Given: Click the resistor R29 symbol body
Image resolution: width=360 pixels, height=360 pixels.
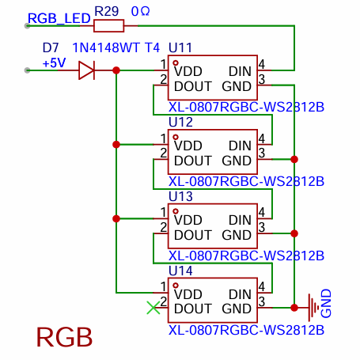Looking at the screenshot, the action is [108, 25].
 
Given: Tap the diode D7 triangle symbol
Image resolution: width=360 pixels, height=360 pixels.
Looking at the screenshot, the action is [87, 70].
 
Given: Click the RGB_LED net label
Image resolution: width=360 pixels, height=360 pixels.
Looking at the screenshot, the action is [59, 18].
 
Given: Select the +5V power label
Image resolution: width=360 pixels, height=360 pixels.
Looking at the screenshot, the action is [54, 63].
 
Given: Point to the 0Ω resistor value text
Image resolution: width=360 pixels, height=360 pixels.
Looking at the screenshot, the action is [140, 11].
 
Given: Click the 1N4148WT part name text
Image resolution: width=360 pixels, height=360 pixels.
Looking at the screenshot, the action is [106, 47].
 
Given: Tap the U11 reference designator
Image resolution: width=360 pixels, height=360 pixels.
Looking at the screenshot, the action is [180, 47].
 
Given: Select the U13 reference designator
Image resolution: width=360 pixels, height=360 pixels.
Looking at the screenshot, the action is [180, 196].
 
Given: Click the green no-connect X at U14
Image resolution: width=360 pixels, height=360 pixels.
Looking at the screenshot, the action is [153, 308].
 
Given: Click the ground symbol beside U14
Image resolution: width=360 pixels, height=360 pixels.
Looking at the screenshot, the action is [313, 308].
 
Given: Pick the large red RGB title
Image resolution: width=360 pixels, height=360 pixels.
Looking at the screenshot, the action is [65, 337].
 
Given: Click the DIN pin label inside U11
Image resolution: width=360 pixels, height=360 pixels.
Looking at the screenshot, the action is [240, 71].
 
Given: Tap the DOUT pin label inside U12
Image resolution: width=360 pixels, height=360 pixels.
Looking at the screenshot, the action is [193, 161].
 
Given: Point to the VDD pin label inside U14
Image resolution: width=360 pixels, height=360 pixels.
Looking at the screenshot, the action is [188, 294].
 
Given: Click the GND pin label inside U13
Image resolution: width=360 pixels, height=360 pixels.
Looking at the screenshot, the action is [237, 235].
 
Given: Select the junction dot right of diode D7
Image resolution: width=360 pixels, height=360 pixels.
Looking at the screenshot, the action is [116, 70].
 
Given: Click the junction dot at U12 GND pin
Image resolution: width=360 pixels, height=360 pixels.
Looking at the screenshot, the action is [294, 159].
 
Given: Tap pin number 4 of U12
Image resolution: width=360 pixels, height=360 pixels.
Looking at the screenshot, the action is [262, 138].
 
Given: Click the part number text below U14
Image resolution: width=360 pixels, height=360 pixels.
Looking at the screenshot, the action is [246, 330].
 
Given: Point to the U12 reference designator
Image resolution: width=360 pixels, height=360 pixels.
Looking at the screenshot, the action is [180, 122].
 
